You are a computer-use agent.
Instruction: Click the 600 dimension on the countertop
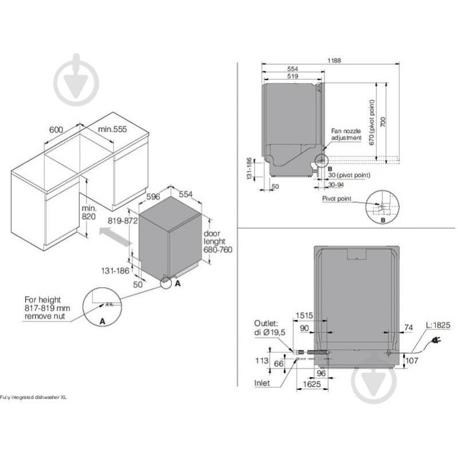tap(56, 130)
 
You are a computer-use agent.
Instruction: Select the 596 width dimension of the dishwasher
tap(152, 195)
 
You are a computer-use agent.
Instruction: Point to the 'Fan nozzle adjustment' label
tap(346, 135)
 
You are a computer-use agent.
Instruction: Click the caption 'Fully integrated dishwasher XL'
tap(33, 398)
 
